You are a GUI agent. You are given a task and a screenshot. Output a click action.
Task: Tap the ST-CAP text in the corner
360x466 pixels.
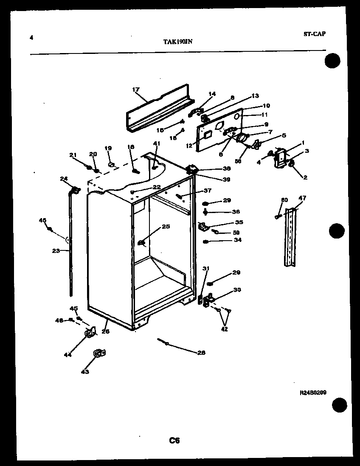(315, 34)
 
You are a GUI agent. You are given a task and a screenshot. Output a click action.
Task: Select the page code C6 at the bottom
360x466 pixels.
(174, 440)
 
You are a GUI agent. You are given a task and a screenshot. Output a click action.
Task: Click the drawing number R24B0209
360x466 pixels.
(313, 393)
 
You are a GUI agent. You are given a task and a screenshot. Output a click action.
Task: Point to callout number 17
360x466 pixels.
(136, 90)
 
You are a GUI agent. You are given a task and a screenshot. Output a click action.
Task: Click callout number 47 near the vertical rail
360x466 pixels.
(302, 198)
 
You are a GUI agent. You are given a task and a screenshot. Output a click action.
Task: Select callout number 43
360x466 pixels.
(85, 372)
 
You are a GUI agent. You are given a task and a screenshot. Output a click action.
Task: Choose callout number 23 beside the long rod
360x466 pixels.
(56, 251)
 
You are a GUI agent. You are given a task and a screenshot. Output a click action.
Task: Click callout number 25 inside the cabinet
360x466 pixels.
(166, 227)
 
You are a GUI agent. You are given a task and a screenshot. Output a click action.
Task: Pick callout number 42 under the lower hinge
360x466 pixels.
(224, 329)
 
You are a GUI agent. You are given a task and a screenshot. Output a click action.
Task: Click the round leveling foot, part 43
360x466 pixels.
(99, 353)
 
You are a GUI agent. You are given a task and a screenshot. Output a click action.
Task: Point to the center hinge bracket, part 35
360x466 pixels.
(203, 227)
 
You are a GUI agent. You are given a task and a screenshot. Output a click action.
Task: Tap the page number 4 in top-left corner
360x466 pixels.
(31, 37)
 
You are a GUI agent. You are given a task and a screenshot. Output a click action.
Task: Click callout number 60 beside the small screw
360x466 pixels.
(284, 200)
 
